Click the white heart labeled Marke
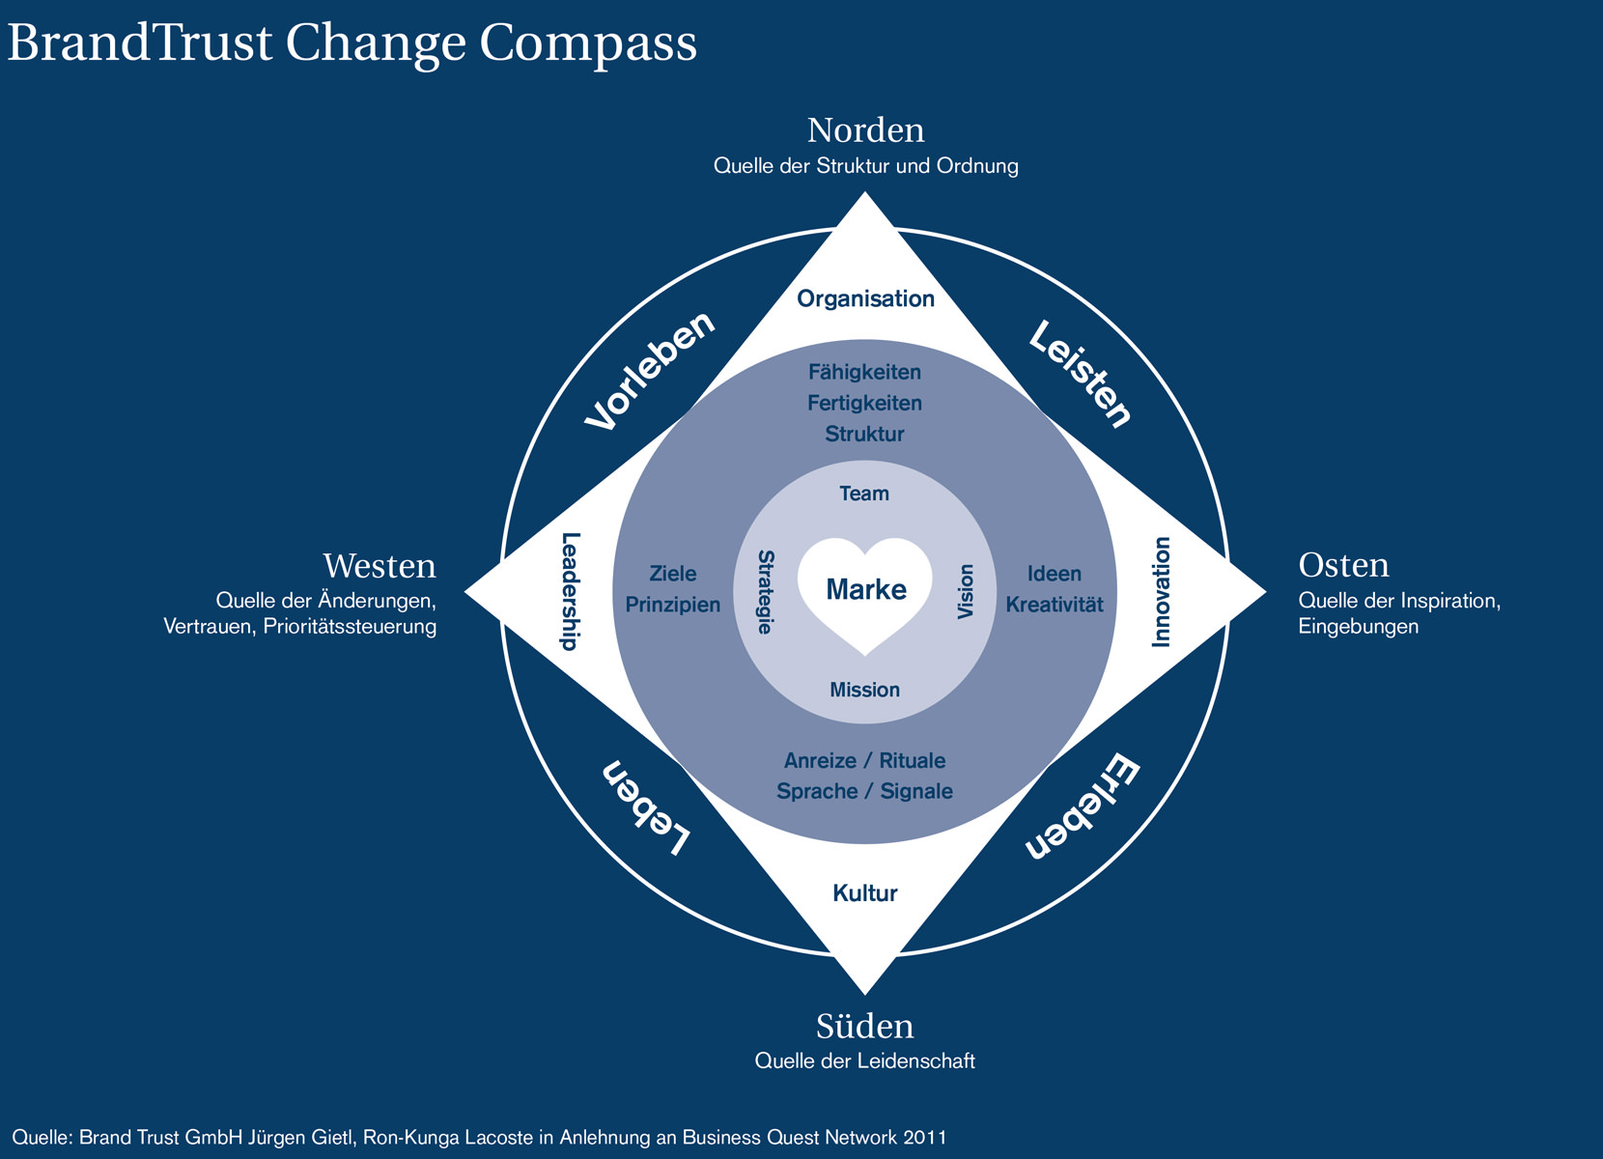pos(865,591)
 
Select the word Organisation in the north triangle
pos(865,299)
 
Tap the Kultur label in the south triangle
pos(865,893)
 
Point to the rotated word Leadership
pos(571,591)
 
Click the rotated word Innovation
pos(1162,591)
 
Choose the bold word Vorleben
pos(651,371)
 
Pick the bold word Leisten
pos(1080,374)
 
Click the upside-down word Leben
pos(646,808)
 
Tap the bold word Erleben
pos(1083,807)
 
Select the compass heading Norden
pos(865,130)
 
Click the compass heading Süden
pos(865,1026)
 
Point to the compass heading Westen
pos(380,566)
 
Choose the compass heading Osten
pos(1343,566)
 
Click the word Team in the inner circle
pos(864,495)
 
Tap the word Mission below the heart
pos(865,690)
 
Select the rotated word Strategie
pos(765,591)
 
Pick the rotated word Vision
pos(966,591)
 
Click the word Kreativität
pos(1055,606)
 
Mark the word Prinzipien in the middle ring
pos(673,606)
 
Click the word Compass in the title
pos(588,43)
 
